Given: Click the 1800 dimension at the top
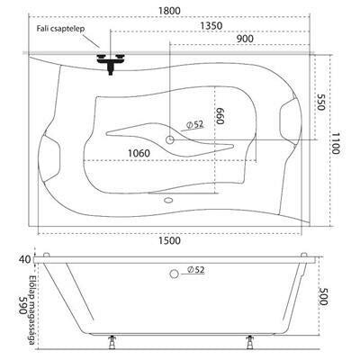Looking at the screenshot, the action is pyautogui.click(x=169, y=11).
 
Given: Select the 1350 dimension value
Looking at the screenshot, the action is pyautogui.click(x=211, y=26).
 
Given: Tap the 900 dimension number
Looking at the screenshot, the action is pyautogui.click(x=245, y=39).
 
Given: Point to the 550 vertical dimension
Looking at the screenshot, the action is pyautogui.click(x=321, y=102).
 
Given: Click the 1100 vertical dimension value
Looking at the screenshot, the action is pyautogui.click(x=336, y=143).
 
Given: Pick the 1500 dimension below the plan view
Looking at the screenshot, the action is pyautogui.click(x=169, y=240).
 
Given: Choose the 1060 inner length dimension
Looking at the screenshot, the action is pyautogui.click(x=139, y=153).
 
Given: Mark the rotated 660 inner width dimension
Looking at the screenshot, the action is pyautogui.click(x=220, y=116).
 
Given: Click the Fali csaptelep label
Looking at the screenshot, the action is pyautogui.click(x=61, y=29).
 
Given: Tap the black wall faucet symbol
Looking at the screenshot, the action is pyautogui.click(x=111, y=62).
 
